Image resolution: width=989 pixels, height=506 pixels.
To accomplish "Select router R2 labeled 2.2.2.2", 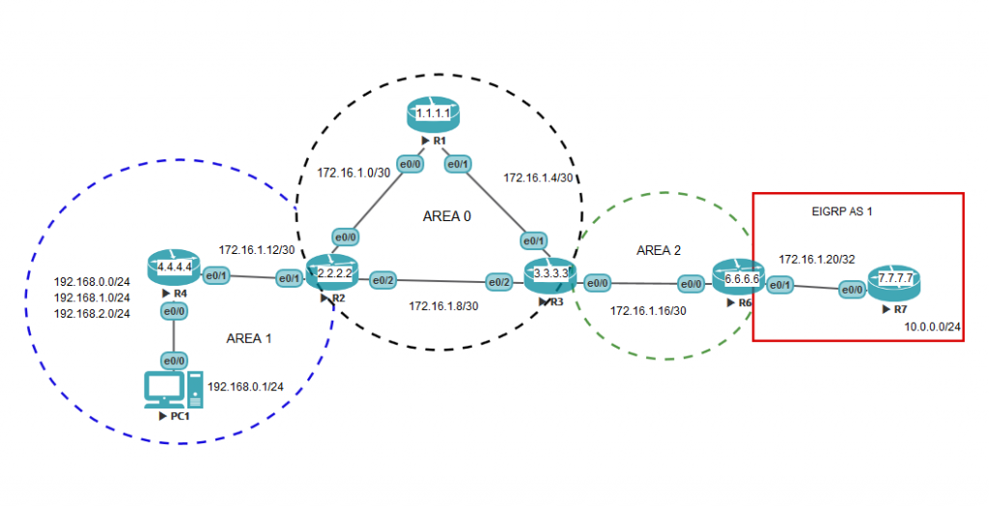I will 331,273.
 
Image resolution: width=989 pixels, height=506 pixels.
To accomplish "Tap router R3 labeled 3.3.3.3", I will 550,275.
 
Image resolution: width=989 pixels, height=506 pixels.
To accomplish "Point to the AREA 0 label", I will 446,216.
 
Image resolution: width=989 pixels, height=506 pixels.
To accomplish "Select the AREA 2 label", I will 660,250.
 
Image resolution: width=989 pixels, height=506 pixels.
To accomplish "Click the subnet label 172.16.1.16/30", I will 648,310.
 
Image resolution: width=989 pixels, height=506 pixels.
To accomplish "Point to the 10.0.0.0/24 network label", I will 933,327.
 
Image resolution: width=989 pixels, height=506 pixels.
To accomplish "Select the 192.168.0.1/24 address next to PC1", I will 244,386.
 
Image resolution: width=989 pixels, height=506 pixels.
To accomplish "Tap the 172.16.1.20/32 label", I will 817,260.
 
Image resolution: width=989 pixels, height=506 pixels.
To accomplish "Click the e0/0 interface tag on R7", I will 851,290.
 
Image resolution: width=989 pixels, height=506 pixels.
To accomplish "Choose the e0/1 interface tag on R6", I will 779,285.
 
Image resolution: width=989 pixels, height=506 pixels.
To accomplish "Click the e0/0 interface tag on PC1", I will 174,360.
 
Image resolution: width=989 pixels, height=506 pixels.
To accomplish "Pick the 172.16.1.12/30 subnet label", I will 256,249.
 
